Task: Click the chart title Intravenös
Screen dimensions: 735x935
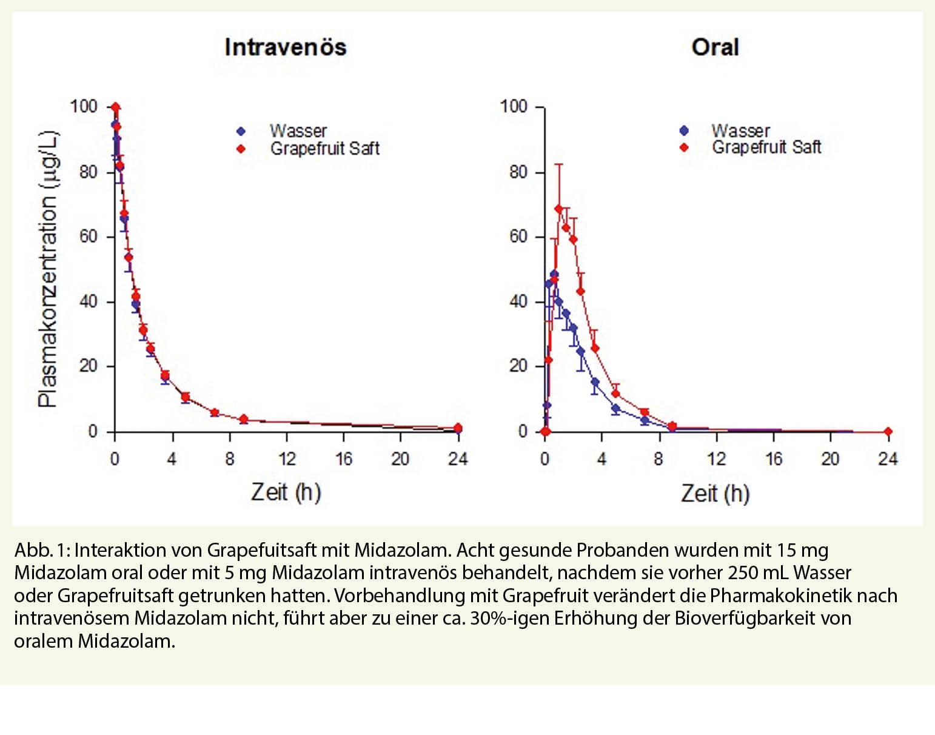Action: [x=285, y=47]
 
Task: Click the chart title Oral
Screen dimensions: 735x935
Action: [x=715, y=47]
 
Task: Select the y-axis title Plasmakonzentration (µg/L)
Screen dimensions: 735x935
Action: [x=48, y=269]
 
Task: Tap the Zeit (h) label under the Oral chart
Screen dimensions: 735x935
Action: [x=715, y=493]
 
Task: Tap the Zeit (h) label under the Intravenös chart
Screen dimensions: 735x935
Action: [x=286, y=492]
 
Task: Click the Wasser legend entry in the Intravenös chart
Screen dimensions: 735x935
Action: [x=298, y=131]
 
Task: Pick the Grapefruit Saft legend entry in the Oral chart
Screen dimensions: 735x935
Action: [x=766, y=147]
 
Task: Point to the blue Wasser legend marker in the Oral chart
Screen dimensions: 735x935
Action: [x=684, y=130]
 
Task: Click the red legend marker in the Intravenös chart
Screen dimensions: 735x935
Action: [x=241, y=149]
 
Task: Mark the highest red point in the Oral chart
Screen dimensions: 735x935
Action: [x=558, y=209]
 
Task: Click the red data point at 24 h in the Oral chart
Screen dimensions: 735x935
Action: [x=888, y=432]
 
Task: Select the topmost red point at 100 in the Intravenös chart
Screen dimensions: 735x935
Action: [x=115, y=107]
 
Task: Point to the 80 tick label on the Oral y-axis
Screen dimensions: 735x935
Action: [x=518, y=172]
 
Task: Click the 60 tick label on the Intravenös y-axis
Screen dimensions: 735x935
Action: [x=89, y=237]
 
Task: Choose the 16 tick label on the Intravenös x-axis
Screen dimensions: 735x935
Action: [x=344, y=459]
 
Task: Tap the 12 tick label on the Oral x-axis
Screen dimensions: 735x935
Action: [x=716, y=459]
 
